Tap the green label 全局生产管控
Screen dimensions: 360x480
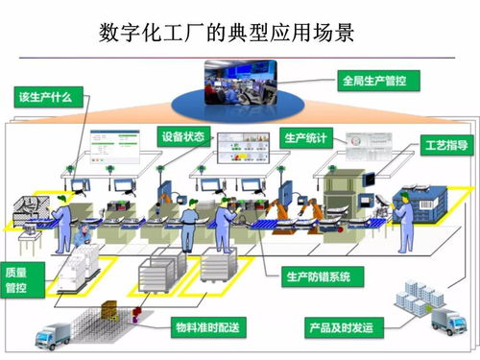tap(373, 81)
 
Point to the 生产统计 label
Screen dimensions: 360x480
tap(307, 137)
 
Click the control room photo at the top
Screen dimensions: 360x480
tap(240, 81)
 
